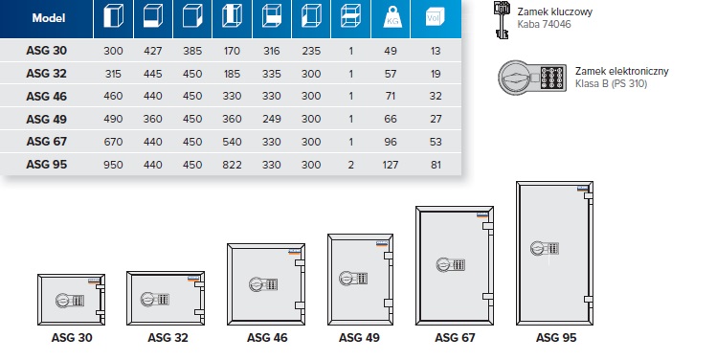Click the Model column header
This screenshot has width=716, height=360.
[49, 18]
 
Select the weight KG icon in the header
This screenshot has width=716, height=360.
[392, 18]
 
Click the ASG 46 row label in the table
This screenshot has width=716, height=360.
[47, 97]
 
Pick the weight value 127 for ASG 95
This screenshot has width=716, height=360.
[391, 165]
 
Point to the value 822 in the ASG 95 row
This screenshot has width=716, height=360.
[232, 165]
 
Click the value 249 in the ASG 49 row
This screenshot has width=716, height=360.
[271, 119]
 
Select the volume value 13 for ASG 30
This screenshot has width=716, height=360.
[436, 51]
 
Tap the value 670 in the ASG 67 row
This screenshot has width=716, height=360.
[113, 142]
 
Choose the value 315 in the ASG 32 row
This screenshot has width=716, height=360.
[113, 74]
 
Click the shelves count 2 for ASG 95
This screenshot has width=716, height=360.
[350, 165]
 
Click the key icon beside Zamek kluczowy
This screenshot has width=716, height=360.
[502, 20]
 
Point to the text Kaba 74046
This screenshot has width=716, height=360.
[544, 24]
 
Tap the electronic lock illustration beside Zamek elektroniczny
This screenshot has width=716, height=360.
[532, 78]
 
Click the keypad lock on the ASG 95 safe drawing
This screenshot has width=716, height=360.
[545, 249]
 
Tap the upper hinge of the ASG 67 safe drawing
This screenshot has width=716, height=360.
[488, 226]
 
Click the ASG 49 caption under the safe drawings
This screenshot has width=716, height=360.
[359, 338]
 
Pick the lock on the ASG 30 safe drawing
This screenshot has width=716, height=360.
[70, 301]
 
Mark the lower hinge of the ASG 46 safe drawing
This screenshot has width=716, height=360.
[300, 305]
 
